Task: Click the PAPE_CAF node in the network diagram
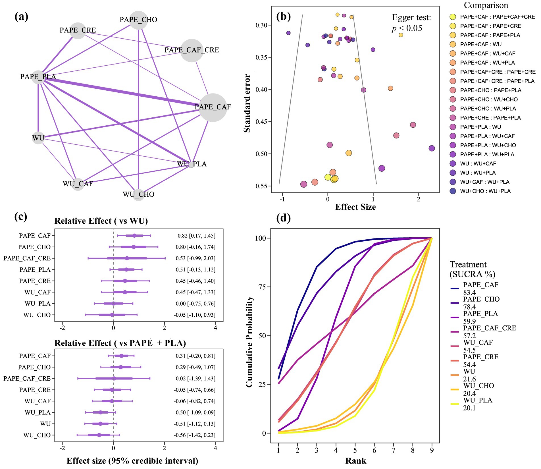(213, 107)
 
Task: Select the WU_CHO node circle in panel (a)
(138, 195)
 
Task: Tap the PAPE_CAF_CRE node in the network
(192, 50)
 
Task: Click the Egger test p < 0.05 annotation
(411, 23)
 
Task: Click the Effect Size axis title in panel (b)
(355, 207)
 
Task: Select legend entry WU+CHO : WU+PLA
(485, 191)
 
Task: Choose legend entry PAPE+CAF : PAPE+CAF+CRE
(497, 17)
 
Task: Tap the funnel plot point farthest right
(432, 148)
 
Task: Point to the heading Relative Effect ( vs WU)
(101, 221)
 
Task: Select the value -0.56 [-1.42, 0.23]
(195, 435)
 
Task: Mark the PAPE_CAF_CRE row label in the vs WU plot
(27, 258)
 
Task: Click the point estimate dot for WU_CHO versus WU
(112, 315)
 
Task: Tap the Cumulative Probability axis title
(249, 341)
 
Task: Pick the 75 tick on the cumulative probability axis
(262, 287)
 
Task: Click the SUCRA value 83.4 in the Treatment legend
(469, 292)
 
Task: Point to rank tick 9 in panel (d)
(432, 450)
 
